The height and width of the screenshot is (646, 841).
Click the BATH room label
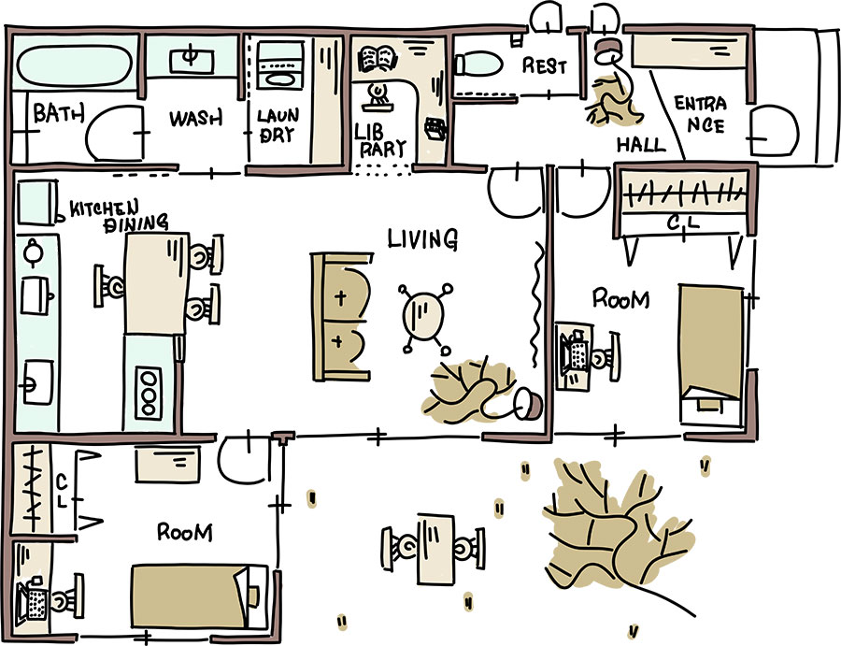59,114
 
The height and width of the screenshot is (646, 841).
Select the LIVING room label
422,239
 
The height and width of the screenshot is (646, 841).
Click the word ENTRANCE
700,113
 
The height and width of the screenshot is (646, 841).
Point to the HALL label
641,145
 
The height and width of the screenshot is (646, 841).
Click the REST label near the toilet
544,65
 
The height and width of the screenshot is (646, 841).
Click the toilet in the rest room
477,64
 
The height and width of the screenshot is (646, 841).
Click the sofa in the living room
341,316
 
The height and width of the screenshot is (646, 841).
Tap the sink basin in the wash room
191,58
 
